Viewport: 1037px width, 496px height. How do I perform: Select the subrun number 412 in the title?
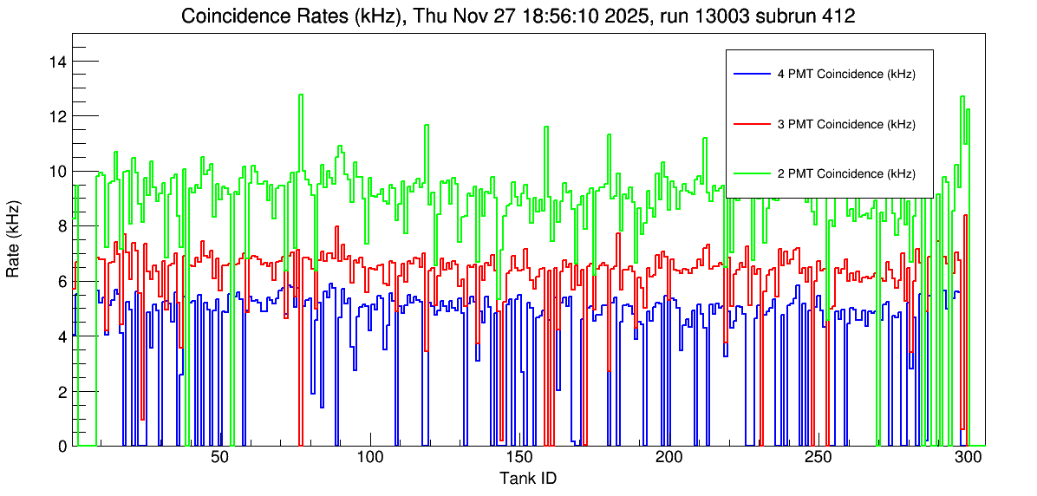(x=840, y=16)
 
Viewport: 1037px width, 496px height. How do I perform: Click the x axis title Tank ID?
(x=528, y=478)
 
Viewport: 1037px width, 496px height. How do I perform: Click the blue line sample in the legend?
(x=752, y=75)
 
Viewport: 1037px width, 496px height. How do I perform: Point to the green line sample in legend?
(x=752, y=173)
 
